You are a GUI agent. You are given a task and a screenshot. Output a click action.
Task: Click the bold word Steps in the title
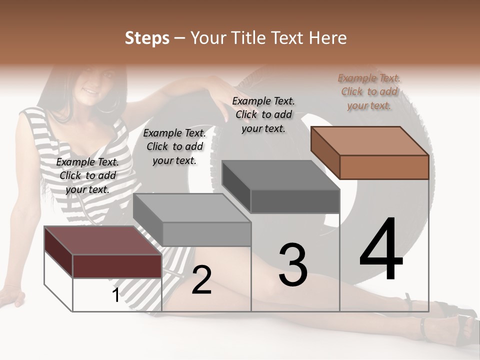(146, 38)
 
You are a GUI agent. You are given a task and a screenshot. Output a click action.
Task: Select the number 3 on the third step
(292, 265)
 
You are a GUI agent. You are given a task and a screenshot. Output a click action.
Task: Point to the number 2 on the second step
(201, 280)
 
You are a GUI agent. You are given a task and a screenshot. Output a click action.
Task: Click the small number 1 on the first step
(115, 295)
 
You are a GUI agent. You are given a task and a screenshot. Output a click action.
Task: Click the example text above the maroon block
(87, 175)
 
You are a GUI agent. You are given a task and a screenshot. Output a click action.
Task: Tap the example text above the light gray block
(174, 146)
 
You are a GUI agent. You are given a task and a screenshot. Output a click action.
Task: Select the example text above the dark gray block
(263, 114)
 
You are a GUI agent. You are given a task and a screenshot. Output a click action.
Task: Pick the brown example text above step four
(369, 91)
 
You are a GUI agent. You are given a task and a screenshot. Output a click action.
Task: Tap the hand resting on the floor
(12, 295)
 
